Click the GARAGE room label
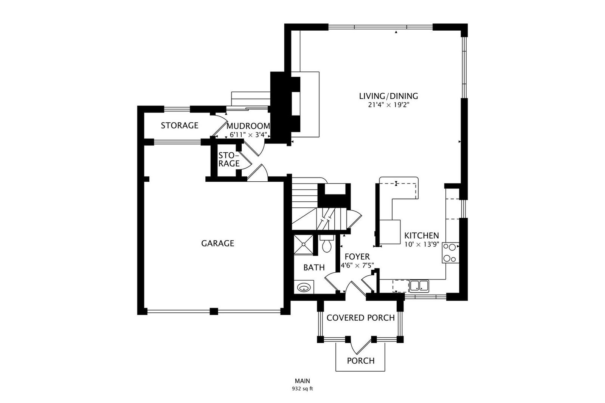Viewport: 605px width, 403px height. pyautogui.click(x=217, y=243)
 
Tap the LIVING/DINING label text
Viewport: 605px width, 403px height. pyautogui.click(x=388, y=96)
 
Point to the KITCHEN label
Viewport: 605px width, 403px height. pyautogui.click(x=421, y=236)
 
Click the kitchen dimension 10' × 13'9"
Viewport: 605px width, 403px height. pyautogui.click(x=422, y=245)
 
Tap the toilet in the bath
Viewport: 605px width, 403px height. pyautogui.click(x=327, y=244)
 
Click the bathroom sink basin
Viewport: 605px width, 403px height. pyautogui.click(x=304, y=287)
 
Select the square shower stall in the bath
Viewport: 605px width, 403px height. pyautogui.click(x=304, y=245)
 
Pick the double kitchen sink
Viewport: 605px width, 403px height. pyautogui.click(x=419, y=286)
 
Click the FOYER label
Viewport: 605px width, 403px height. pyautogui.click(x=357, y=256)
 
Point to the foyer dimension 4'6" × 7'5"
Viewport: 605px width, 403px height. pyautogui.click(x=357, y=266)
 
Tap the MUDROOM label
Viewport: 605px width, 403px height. pyautogui.click(x=248, y=126)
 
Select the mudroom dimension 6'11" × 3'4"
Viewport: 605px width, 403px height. pyautogui.click(x=248, y=134)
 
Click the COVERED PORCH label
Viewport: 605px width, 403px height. pyautogui.click(x=361, y=318)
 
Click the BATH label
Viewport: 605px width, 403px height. pyautogui.click(x=314, y=267)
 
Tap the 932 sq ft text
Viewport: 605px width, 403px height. pyautogui.click(x=302, y=389)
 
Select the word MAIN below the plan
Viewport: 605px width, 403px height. pyautogui.click(x=302, y=381)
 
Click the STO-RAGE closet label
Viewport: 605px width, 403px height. pyautogui.click(x=229, y=159)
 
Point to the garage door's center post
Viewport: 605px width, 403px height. pyautogui.click(x=214, y=311)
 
